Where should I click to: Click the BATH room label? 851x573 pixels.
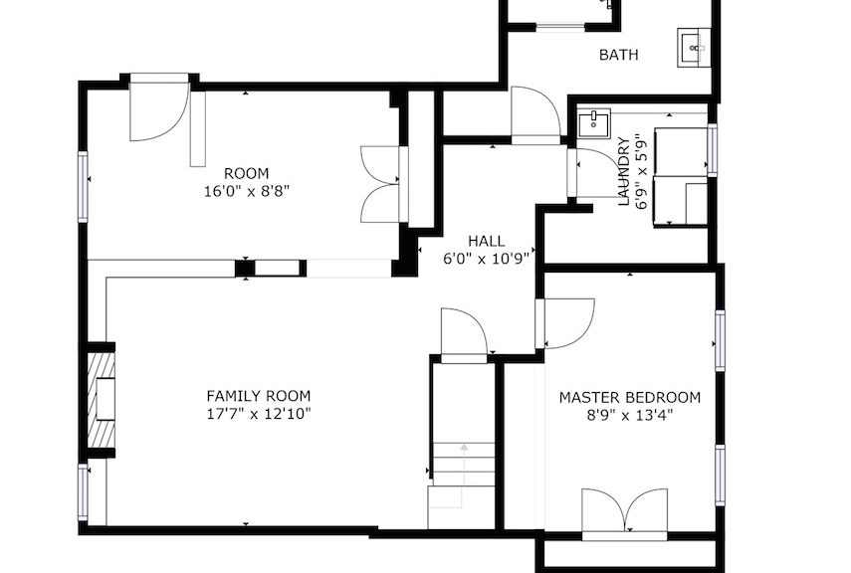618,55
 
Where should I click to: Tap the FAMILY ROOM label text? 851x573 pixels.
259,396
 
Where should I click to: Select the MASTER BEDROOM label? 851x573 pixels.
630,398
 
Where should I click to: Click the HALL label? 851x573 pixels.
487,241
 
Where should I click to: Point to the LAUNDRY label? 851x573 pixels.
625,172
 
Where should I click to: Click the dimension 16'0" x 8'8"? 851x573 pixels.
247,192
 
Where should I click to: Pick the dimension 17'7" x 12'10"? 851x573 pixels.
259,415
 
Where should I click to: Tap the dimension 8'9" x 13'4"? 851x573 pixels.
630,416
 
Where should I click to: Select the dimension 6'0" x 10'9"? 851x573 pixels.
487,259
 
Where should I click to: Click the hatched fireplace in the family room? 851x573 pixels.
102,400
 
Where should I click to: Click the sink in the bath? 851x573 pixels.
694,47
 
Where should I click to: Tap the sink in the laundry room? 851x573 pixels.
594,123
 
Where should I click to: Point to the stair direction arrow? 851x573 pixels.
463,476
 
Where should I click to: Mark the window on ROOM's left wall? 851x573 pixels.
83,187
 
